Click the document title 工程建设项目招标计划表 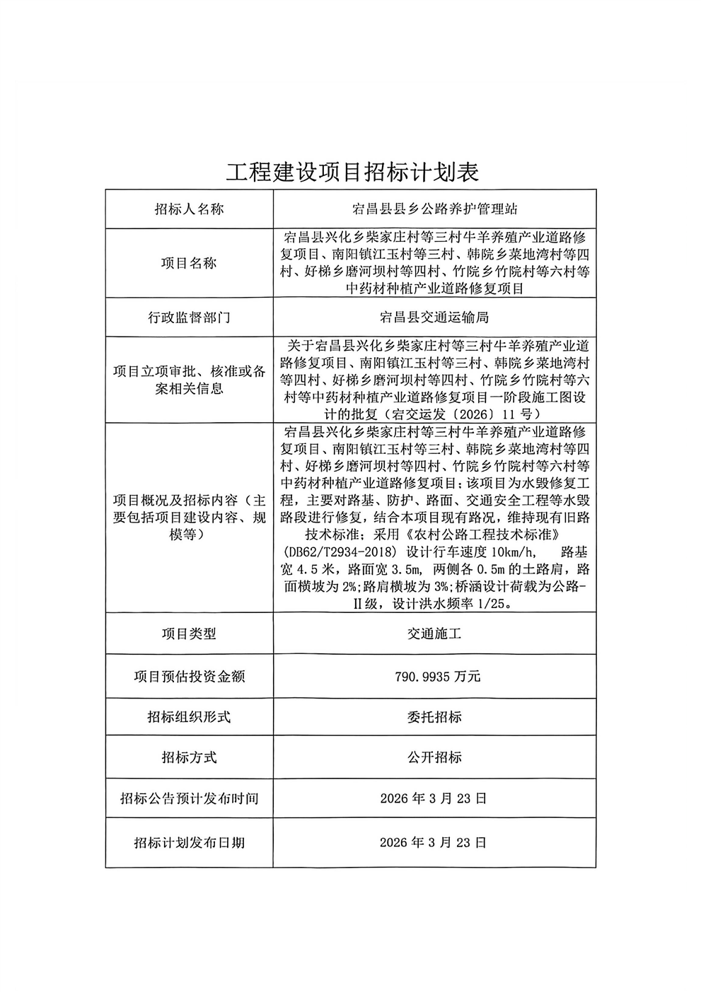(x=352, y=172)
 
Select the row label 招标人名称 (x=189, y=209)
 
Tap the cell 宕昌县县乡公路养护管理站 (x=434, y=209)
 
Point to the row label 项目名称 (x=189, y=263)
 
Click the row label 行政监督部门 (x=189, y=317)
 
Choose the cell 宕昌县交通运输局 (x=434, y=317)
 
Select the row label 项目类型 (x=189, y=634)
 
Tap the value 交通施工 (x=434, y=634)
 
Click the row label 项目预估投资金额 (x=189, y=676)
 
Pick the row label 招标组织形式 (x=189, y=717)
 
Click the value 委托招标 (x=434, y=717)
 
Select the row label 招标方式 (x=189, y=757)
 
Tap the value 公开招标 (x=434, y=757)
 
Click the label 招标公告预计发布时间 (x=189, y=798)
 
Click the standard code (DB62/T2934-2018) (x=330, y=552)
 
